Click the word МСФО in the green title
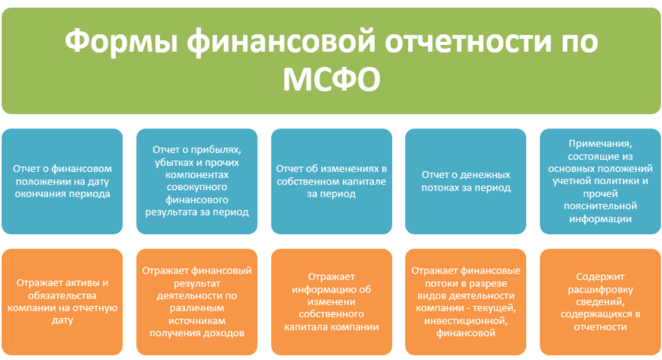click(x=331, y=79)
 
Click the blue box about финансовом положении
click(x=62, y=182)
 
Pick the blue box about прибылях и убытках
click(x=197, y=182)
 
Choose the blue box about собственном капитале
click(x=331, y=182)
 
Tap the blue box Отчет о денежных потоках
click(x=466, y=182)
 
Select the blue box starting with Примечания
click(x=600, y=182)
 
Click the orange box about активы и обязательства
click(x=62, y=302)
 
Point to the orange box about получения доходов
click(x=197, y=302)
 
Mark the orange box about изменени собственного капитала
click(x=331, y=302)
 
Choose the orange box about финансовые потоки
click(x=466, y=302)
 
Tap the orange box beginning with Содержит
click(x=600, y=302)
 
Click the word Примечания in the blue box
click(x=600, y=144)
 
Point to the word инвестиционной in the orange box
click(x=466, y=321)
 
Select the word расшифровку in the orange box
click(x=600, y=290)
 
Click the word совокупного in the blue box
click(x=197, y=188)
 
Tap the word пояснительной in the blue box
click(x=600, y=206)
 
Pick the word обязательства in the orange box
click(x=62, y=296)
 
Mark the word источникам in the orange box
click(x=197, y=321)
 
